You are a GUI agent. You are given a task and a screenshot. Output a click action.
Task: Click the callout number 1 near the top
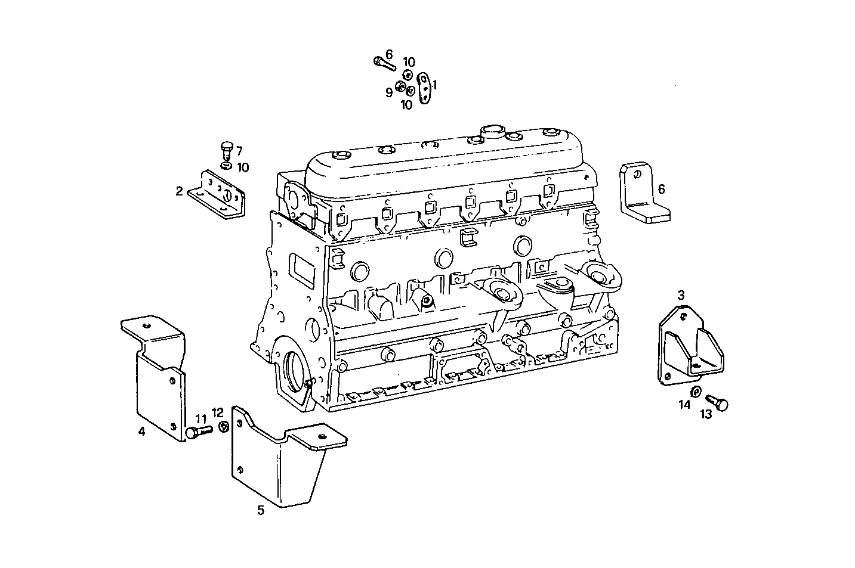tap(435, 85)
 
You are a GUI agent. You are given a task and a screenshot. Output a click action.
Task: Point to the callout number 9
tap(388, 93)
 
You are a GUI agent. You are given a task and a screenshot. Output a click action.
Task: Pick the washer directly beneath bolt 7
tap(226, 166)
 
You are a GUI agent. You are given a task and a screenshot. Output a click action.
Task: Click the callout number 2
tap(179, 191)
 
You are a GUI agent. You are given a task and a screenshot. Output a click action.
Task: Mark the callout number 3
tap(681, 294)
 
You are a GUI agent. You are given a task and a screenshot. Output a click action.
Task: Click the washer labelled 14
tap(696, 392)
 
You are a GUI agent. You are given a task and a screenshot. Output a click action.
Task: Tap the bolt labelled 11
tap(198, 432)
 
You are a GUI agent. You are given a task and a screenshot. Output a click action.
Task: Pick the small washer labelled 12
tap(224, 427)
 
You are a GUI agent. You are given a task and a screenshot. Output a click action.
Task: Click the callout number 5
tap(261, 510)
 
